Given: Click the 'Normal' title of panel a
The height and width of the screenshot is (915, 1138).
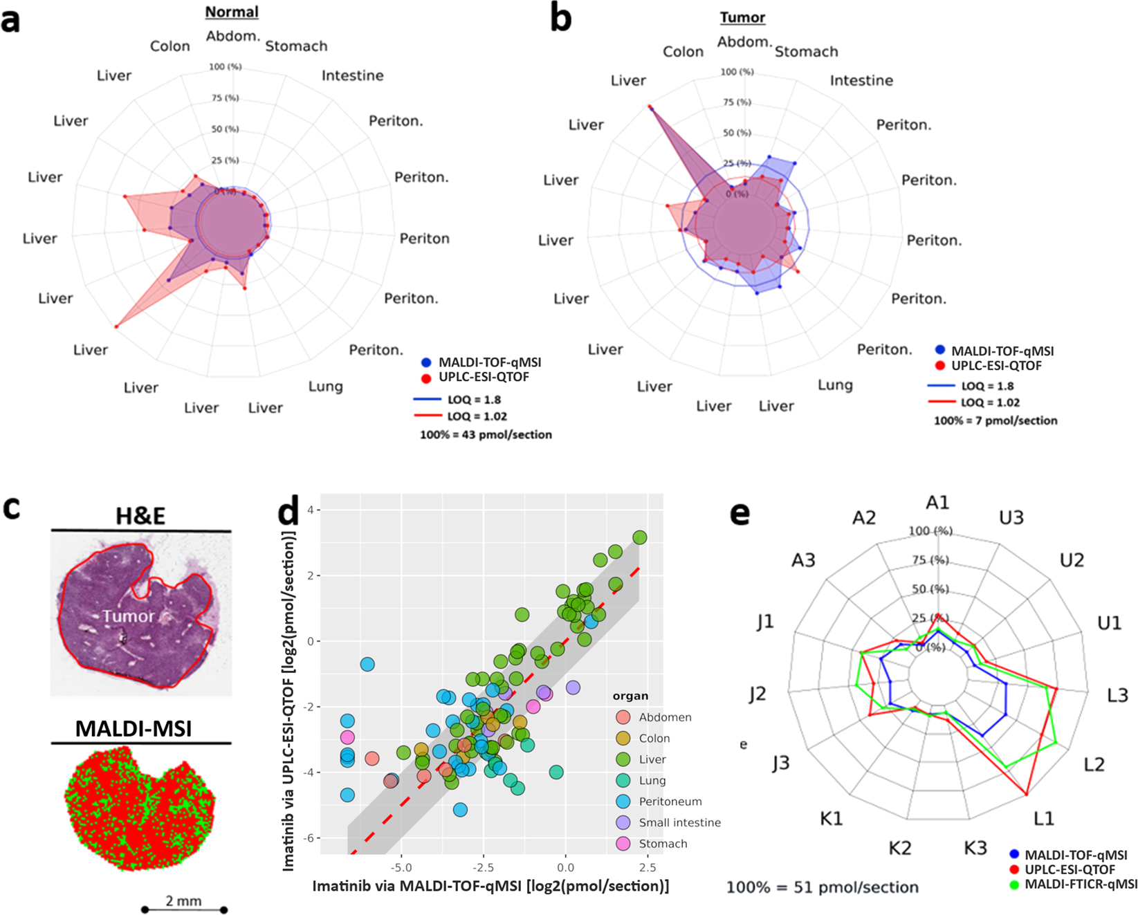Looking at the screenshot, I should (x=232, y=12).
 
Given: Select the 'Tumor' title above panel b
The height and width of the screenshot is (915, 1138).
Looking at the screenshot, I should (x=742, y=18).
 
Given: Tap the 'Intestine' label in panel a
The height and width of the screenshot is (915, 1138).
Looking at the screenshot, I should (x=352, y=75).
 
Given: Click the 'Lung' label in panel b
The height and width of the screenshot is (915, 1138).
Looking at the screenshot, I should (x=835, y=385).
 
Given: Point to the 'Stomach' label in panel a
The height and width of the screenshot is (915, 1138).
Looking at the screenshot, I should (x=296, y=46).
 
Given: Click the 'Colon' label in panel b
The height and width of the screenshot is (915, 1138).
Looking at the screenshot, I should (x=683, y=52).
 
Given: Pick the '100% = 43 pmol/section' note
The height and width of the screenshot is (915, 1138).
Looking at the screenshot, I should (x=486, y=435).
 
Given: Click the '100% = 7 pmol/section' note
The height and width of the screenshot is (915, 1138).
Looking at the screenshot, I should (x=995, y=420).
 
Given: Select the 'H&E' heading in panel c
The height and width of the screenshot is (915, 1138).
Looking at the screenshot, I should (x=140, y=516).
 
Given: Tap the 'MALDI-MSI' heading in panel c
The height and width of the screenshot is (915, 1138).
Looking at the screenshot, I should (x=134, y=728).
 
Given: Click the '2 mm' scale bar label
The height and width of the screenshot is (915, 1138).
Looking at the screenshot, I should (x=184, y=900).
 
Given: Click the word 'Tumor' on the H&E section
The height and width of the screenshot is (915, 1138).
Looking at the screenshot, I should (x=129, y=616).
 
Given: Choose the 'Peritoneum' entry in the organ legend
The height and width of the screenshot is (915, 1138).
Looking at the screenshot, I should (x=670, y=802).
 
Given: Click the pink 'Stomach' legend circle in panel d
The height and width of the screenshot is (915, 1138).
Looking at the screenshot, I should (x=623, y=844).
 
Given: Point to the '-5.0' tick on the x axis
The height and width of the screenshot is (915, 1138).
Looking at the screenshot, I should (x=401, y=867).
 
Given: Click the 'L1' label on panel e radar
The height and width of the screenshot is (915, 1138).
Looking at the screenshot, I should (x=1043, y=819).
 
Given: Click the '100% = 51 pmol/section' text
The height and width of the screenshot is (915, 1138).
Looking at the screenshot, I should (x=823, y=887).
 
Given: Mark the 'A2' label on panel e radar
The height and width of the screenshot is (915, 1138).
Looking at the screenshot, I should (x=864, y=518).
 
